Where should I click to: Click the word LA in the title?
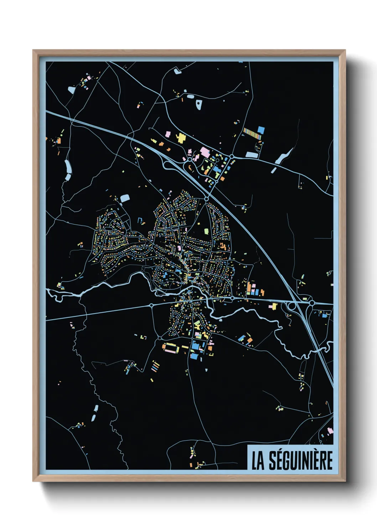pos(258,461)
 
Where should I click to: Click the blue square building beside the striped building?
pos(261,130)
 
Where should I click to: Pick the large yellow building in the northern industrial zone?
pos(181,138)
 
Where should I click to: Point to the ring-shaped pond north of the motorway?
pos(199,104)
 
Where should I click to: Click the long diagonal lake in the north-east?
pos(284,157)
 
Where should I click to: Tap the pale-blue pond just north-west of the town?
pos(125,198)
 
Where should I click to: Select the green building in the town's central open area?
pos(206,232)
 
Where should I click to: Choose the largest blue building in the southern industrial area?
pos(196,346)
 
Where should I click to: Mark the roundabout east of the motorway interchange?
pos(312,303)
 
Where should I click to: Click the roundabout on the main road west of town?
pos(151,305)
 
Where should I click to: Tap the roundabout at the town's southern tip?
pos(160,337)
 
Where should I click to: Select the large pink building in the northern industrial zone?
pos(205,152)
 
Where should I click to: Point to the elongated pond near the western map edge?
pos(67,170)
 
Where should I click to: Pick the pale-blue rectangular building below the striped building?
pos(252,155)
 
